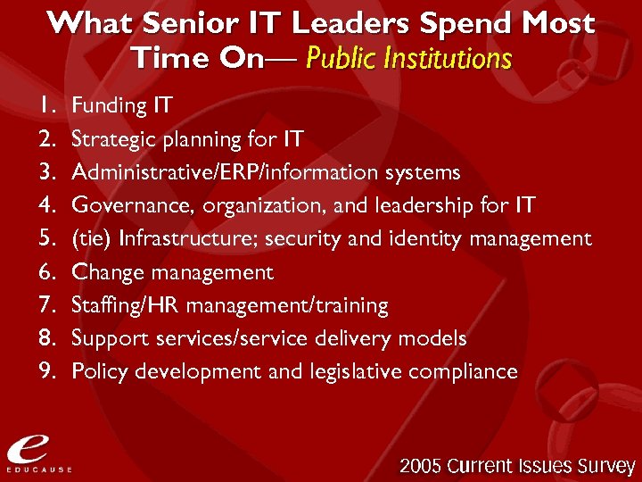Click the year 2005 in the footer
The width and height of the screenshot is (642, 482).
(x=422, y=465)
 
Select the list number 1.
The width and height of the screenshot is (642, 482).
(x=46, y=106)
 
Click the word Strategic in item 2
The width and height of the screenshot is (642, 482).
(x=108, y=140)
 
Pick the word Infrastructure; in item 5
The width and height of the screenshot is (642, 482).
(x=188, y=239)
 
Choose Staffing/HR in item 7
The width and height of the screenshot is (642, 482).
(x=126, y=305)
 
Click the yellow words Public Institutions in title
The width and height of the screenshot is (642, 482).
(x=408, y=59)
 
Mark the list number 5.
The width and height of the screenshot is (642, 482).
(x=47, y=239)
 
